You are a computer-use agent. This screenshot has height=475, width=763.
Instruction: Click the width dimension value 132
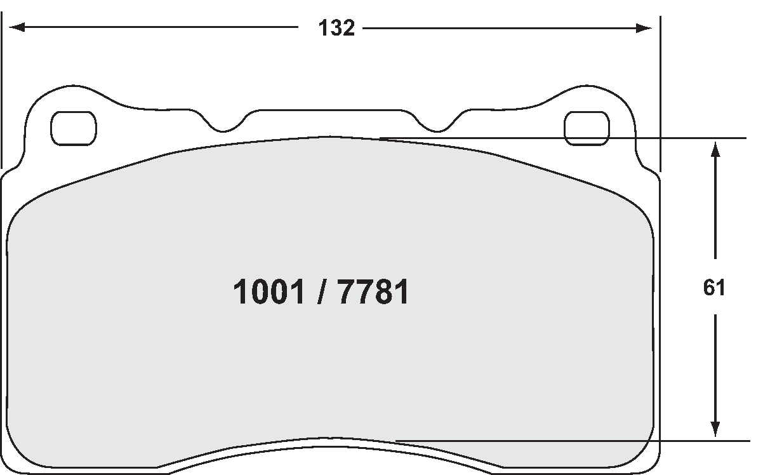click(x=336, y=29)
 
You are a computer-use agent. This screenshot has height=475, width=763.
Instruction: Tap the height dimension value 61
click(x=714, y=288)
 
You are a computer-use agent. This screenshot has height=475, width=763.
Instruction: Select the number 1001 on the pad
click(x=269, y=293)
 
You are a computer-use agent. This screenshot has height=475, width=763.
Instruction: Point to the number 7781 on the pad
click(x=373, y=293)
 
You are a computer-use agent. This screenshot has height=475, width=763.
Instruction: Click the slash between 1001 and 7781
click(x=321, y=293)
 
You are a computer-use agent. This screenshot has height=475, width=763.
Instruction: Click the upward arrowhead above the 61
click(x=715, y=150)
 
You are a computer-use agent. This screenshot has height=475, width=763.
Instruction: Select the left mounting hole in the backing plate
click(x=74, y=128)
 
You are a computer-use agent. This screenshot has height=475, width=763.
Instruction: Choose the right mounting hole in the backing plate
click(x=587, y=128)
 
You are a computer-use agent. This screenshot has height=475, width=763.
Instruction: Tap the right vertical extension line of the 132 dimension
click(x=660, y=95)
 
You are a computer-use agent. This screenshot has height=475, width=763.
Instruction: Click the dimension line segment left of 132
click(x=159, y=27)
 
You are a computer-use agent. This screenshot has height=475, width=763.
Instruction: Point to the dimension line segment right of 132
click(x=501, y=28)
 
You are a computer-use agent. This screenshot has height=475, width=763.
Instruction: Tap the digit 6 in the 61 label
click(x=709, y=288)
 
